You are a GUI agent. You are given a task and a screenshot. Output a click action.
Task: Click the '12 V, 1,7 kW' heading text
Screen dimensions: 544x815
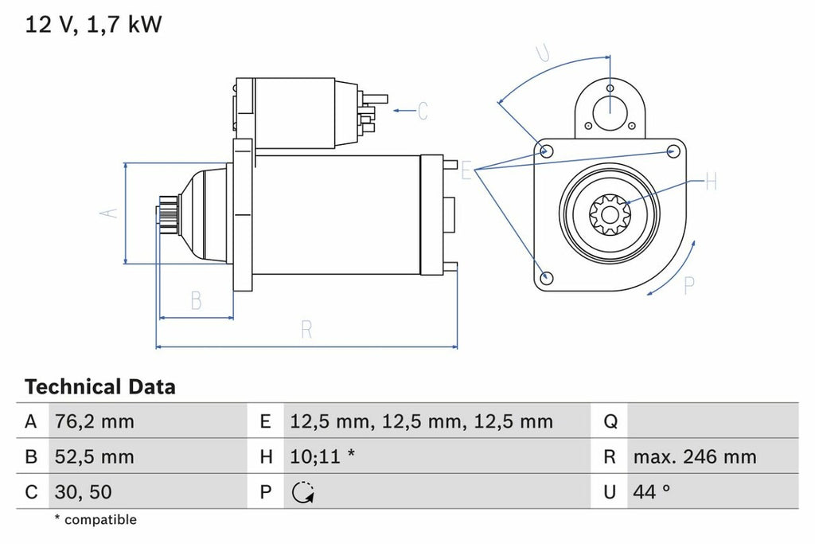click(93, 25)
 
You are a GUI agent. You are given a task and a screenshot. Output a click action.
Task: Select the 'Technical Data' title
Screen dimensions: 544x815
click(99, 388)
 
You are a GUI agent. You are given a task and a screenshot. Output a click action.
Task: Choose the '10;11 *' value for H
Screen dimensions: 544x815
click(322, 457)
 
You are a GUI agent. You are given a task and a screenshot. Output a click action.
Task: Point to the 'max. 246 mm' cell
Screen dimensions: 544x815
click(695, 457)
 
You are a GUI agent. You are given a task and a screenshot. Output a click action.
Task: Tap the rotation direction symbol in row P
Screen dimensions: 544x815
click(302, 493)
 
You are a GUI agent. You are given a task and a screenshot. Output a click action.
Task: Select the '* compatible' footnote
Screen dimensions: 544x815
click(96, 520)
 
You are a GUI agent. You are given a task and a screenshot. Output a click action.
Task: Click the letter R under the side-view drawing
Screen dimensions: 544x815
click(306, 330)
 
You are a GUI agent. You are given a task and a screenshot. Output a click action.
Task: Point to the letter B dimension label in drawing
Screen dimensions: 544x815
click(196, 300)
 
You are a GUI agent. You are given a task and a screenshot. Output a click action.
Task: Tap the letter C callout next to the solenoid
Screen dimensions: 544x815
click(423, 110)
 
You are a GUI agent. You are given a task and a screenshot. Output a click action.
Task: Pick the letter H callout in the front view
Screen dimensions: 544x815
click(711, 182)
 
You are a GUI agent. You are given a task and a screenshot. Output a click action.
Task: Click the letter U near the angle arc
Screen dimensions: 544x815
click(542, 53)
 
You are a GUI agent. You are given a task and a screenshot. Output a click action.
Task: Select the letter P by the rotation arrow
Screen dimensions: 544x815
click(689, 285)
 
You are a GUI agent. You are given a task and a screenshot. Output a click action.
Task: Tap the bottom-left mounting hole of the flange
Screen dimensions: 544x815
click(546, 277)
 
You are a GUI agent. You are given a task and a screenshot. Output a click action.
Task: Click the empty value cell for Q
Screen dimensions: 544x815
click(712, 421)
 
